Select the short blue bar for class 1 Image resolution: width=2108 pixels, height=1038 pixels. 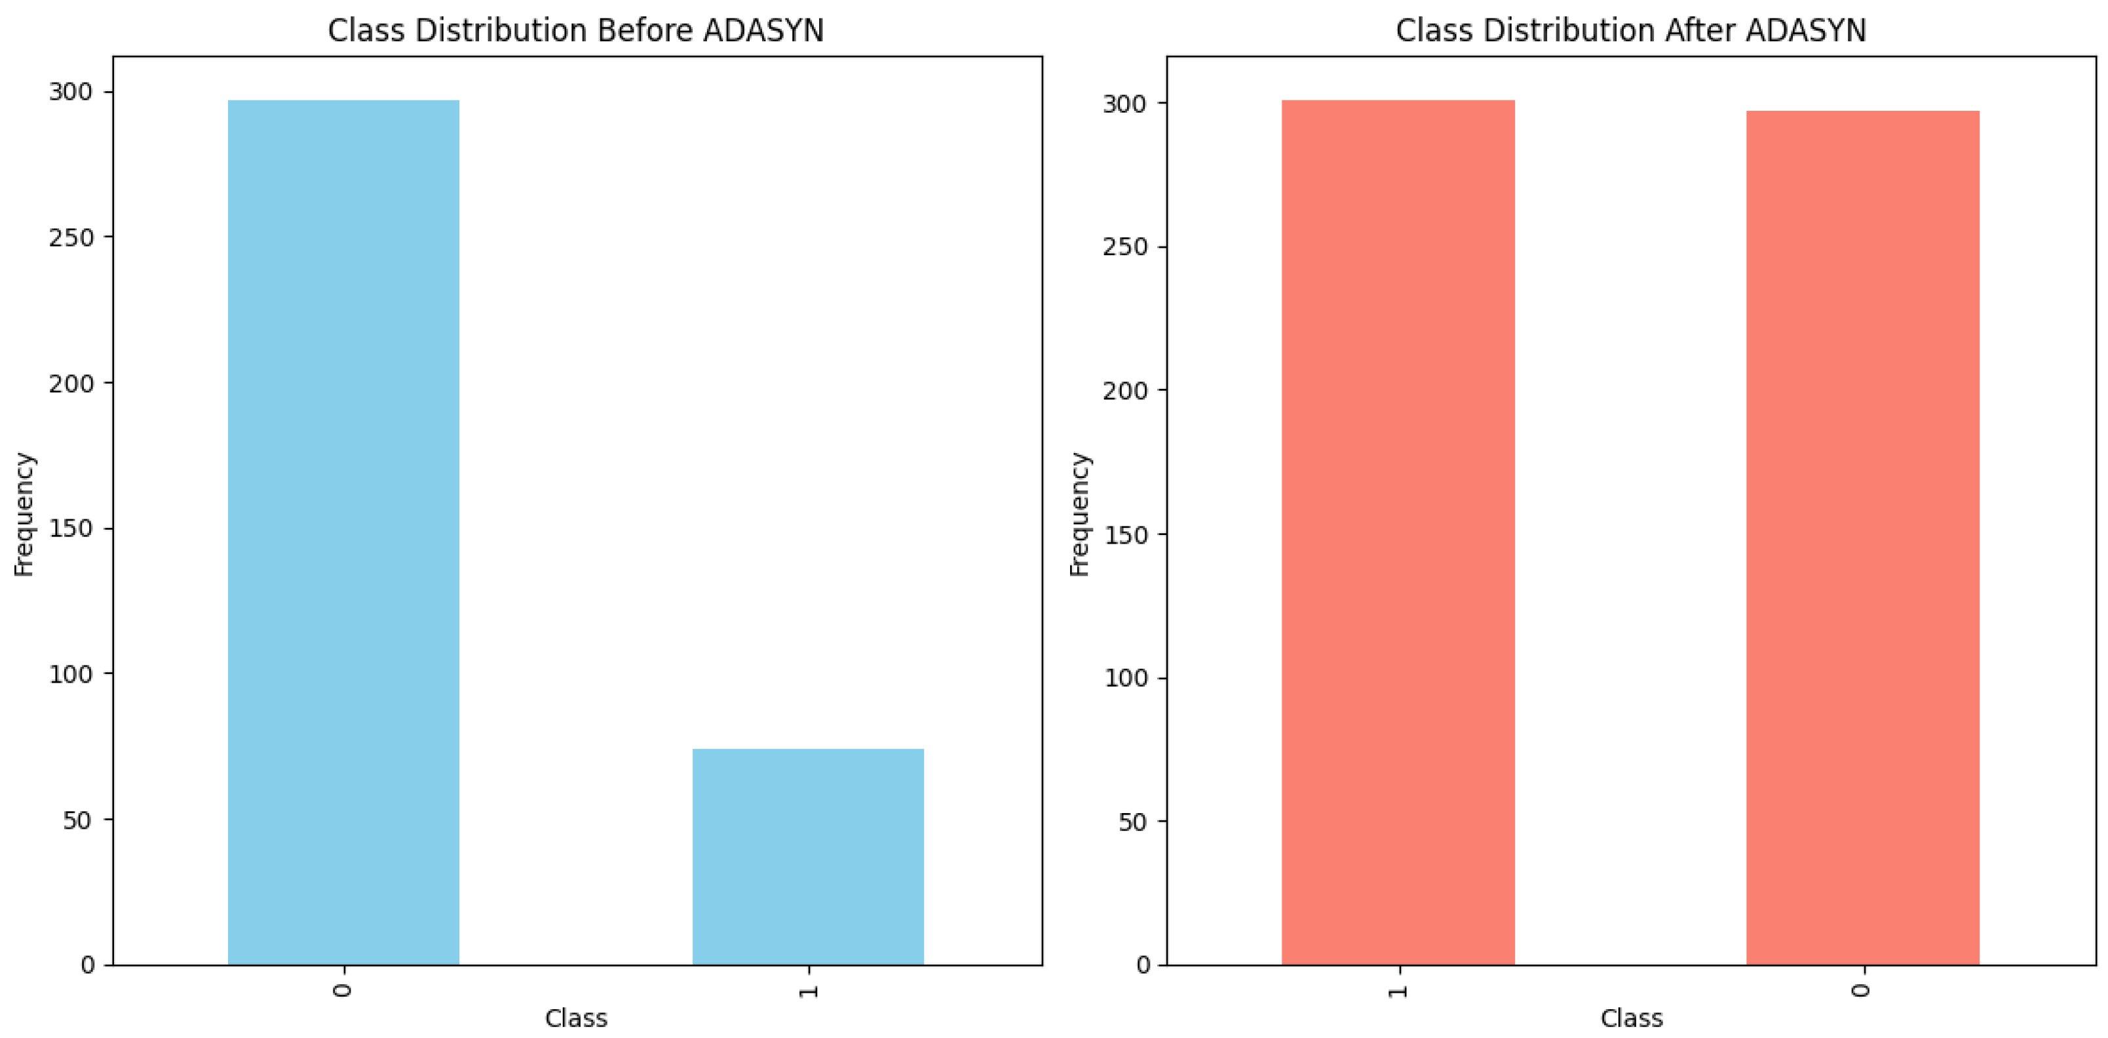pos(808,856)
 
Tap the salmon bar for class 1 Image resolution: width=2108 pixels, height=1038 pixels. pos(1398,532)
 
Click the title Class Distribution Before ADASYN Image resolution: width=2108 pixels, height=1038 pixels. pos(575,30)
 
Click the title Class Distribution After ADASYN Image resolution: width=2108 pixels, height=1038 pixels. pos(1630,30)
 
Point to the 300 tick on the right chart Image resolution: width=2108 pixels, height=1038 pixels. pos(1124,104)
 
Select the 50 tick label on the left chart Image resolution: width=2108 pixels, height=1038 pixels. pos(78,820)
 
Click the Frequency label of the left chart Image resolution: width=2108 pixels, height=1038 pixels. pos(24,514)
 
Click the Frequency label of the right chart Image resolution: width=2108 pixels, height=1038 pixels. pos(1079,514)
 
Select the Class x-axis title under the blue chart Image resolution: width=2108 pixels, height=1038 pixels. pos(575,1018)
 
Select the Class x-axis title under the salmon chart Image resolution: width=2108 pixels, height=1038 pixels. pos(1631,1018)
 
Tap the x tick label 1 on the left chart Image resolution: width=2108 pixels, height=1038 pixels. pos(809,991)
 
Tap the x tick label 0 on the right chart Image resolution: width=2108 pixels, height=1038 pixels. pos(1862,991)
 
